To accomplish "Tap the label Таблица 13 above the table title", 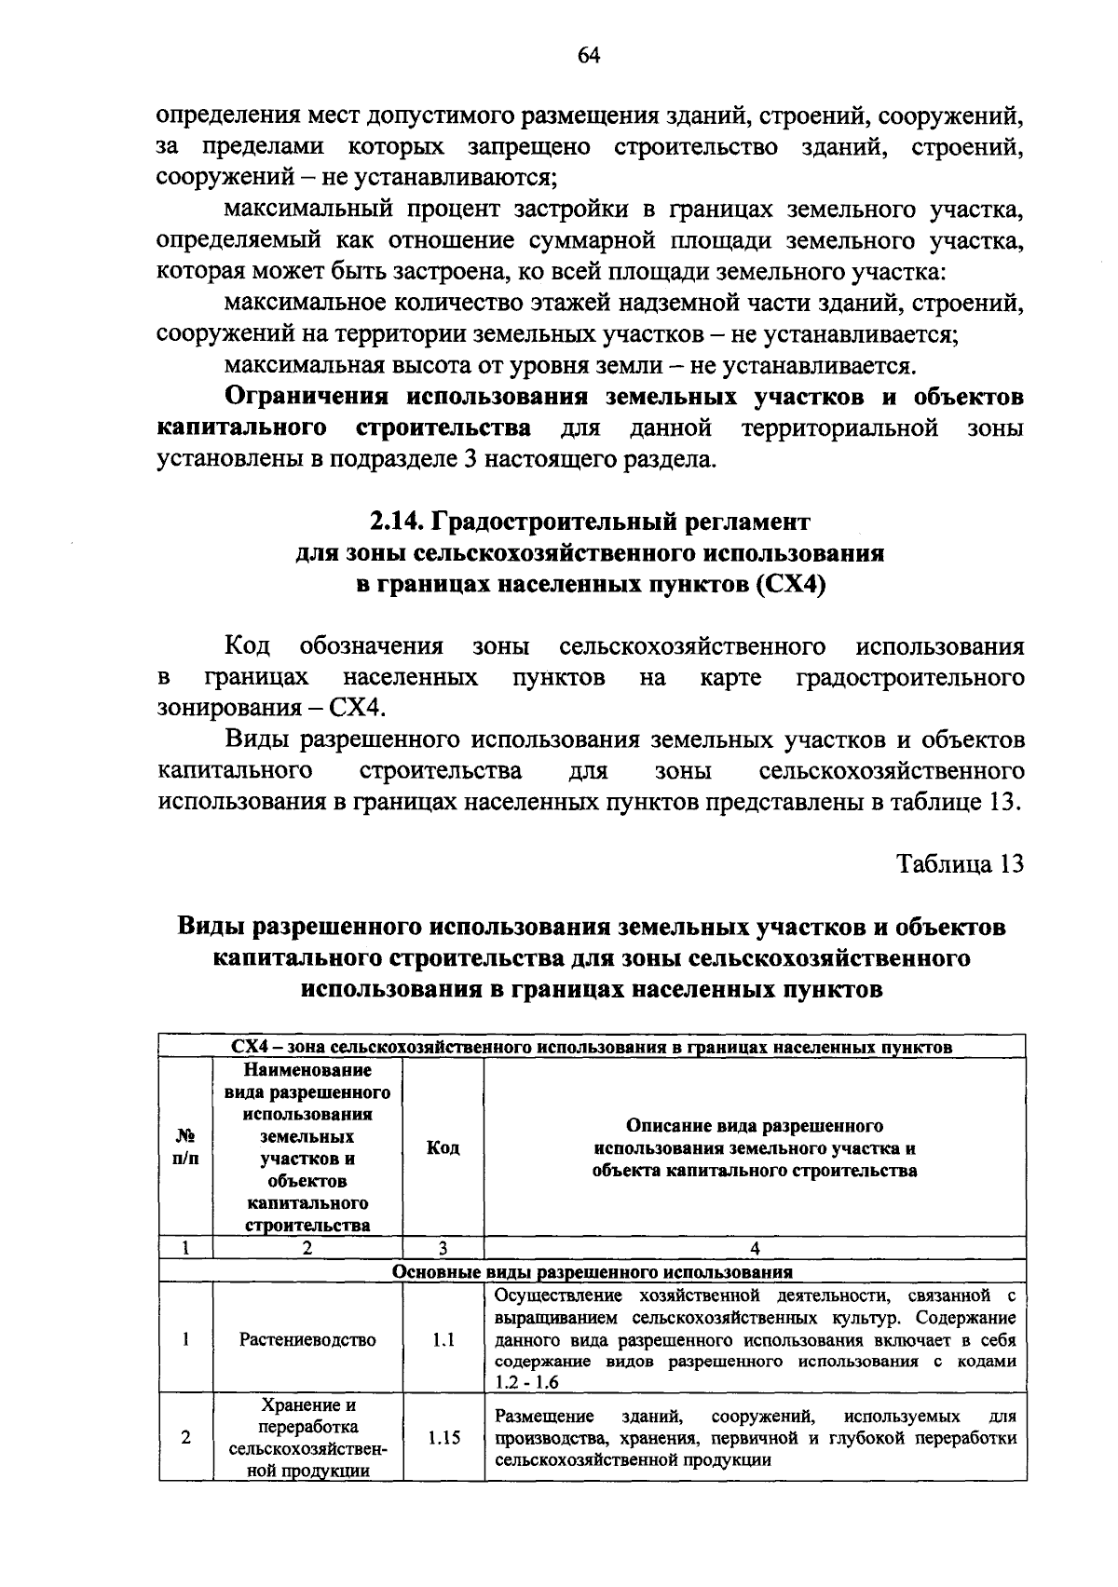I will coord(961,863).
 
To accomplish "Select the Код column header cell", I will coord(443,1147).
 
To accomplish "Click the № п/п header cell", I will coord(186,1147).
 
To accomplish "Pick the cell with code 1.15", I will coord(443,1438).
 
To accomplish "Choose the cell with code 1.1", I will coord(443,1339).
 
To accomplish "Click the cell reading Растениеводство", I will coord(307,1339).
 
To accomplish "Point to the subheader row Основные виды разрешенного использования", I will coord(592,1271).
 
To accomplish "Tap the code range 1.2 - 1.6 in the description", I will coord(526,1382).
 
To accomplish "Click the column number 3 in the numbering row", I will coord(443,1248).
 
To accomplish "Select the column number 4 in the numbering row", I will coord(755,1248).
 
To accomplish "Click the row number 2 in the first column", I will coord(186,1438).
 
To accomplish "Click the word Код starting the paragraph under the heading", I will coord(247,646).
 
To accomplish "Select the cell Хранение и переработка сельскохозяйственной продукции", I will coord(307,1438).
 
